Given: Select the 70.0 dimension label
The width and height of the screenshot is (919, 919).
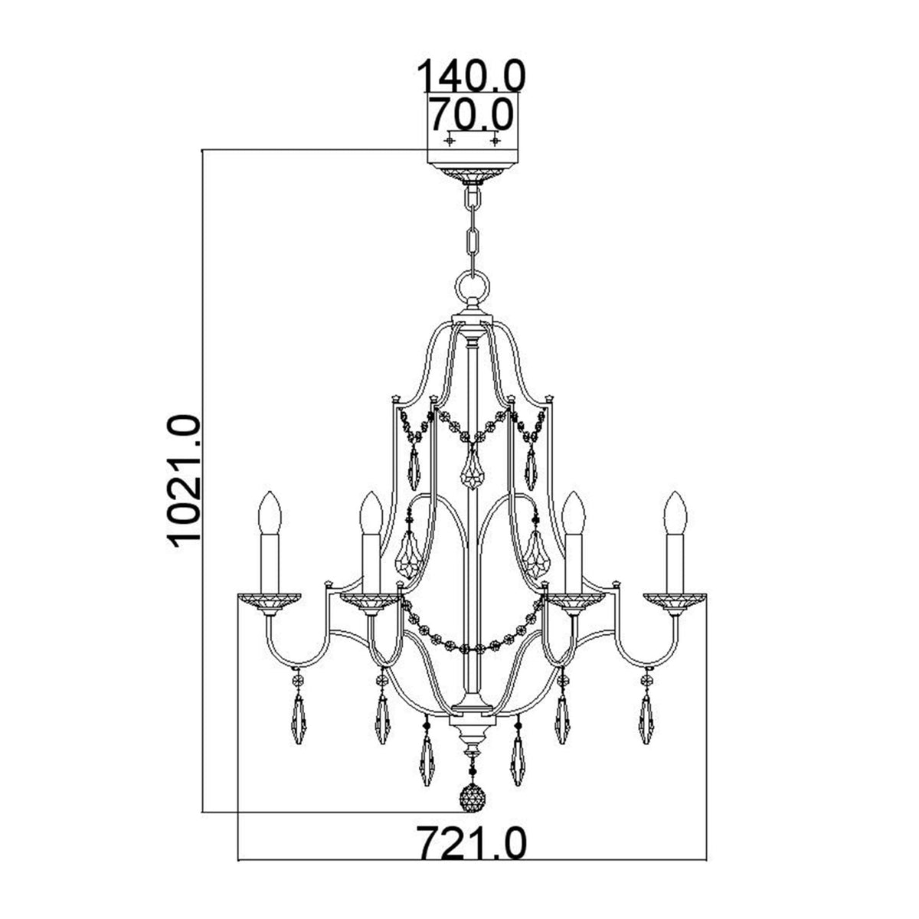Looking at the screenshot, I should [x=469, y=116].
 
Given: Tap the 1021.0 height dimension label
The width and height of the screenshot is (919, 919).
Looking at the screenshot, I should [x=184, y=480].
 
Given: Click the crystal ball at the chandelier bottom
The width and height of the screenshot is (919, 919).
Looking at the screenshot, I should [x=472, y=798].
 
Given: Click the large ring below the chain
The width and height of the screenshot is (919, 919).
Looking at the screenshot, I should [x=472, y=289].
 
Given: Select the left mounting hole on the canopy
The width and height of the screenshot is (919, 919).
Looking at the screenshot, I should [x=450, y=141].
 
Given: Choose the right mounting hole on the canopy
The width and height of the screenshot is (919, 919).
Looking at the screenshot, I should [x=495, y=141].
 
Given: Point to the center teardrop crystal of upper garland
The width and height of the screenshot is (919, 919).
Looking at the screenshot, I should [x=472, y=473].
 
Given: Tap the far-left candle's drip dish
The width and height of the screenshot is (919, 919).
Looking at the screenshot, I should [x=270, y=601].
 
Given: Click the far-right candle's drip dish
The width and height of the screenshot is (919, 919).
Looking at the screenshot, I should [x=674, y=601].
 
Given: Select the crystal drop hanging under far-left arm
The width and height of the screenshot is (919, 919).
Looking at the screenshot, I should [x=298, y=716].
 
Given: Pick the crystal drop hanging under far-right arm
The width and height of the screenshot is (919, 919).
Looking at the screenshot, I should [x=646, y=716].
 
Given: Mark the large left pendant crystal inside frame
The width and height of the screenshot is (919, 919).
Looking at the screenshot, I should [x=411, y=555].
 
